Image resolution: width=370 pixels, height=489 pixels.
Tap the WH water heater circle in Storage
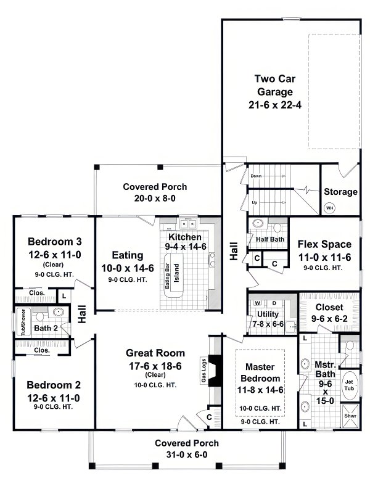[330, 208]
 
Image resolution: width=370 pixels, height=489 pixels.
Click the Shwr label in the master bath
[349, 416]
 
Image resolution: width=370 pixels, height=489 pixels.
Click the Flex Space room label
[324, 244]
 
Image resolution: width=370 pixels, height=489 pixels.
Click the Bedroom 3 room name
[52, 241]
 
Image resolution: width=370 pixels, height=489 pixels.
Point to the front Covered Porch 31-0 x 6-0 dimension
[186, 454]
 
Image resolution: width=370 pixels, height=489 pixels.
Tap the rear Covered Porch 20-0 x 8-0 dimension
[155, 198]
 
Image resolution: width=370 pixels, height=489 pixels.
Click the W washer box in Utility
[257, 303]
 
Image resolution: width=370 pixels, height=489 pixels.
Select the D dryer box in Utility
[274, 303]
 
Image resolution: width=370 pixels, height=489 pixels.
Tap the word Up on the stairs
[254, 202]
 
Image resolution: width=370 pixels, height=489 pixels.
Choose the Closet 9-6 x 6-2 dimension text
[329, 319]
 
